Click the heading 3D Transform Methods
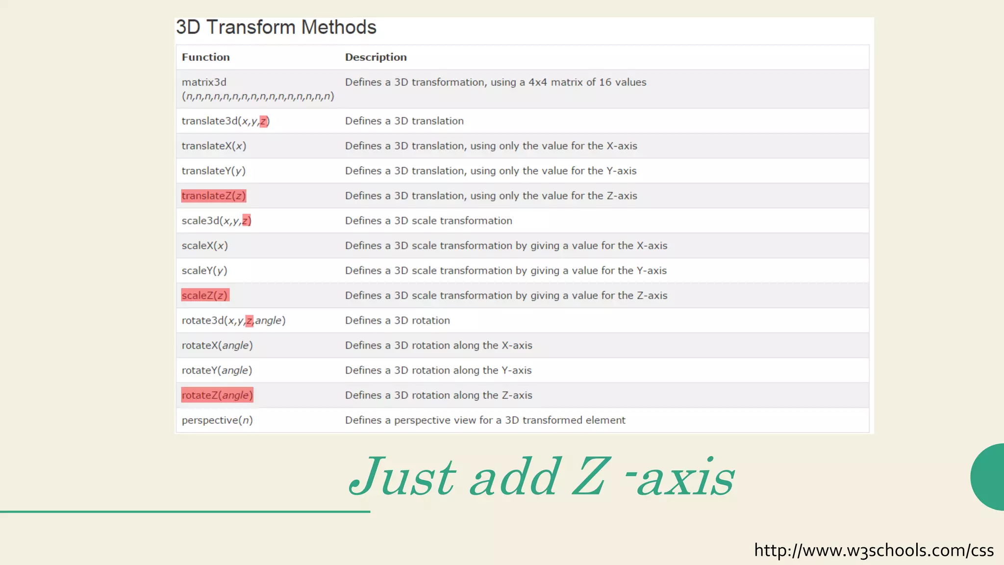tap(276, 27)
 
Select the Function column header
tap(205, 57)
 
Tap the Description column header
tap(376, 57)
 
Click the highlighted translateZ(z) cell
tap(213, 196)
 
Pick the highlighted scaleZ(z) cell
tap(204, 295)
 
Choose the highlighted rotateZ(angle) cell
tap(217, 395)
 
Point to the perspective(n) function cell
tap(217, 420)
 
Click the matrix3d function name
tap(204, 82)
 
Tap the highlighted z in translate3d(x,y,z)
tap(263, 121)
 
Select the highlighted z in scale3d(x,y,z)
tap(246, 221)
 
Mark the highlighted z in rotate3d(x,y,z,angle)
tap(249, 321)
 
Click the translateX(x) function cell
tap(214, 146)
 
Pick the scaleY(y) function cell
tap(204, 271)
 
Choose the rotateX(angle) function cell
tap(217, 345)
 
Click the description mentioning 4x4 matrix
tap(495, 82)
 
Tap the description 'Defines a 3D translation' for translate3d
tap(404, 121)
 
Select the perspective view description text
tap(485, 420)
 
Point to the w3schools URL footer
tap(873, 550)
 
